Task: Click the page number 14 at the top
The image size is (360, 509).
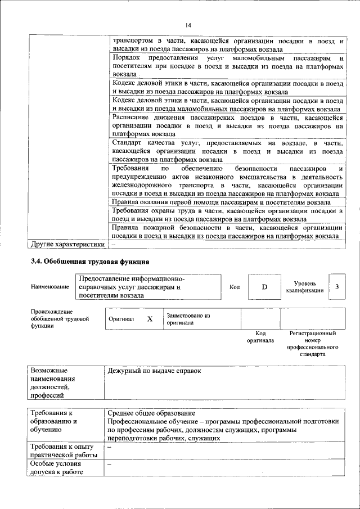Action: [188, 25]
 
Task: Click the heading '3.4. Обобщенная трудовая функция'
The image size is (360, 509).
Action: [89, 262]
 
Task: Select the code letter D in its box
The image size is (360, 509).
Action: [264, 287]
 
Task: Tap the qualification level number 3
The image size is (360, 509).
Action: [337, 287]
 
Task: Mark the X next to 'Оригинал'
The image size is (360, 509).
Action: [150, 319]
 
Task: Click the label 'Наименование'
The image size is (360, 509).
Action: [50, 287]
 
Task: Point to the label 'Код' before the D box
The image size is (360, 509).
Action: [235, 287]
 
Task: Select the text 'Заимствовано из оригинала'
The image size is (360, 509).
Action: [188, 319]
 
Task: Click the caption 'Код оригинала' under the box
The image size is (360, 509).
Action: [260, 337]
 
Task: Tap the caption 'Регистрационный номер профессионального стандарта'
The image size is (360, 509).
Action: [312, 344]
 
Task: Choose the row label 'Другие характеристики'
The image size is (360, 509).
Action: [67, 245]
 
